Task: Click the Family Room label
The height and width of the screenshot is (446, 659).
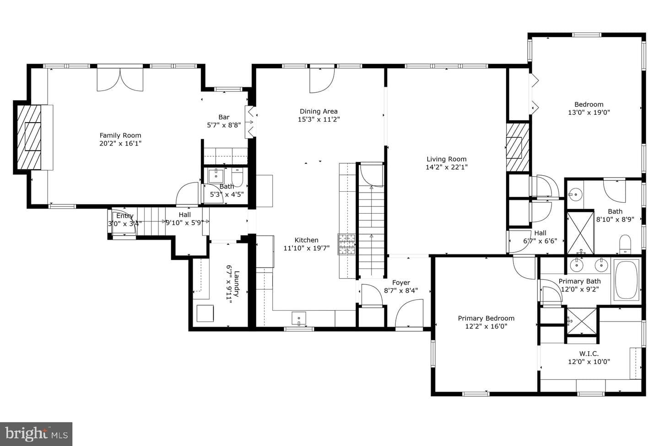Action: [120, 135]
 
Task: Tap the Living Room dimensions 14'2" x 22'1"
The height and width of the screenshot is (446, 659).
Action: [447, 167]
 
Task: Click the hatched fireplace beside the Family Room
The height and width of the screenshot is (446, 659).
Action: [29, 137]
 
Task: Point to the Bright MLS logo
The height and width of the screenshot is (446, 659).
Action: [36, 434]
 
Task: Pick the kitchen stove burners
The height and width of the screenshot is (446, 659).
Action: [346, 244]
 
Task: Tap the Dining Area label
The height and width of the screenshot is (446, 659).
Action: [319, 112]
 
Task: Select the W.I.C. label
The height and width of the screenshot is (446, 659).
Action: [589, 354]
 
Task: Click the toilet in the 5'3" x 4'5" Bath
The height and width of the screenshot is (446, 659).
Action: [237, 177]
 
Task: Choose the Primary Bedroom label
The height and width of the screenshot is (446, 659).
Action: [486, 318]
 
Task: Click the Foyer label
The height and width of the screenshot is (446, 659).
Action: [401, 283]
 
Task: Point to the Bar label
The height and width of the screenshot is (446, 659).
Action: [224, 117]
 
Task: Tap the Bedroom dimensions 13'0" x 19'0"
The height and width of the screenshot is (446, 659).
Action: [589, 113]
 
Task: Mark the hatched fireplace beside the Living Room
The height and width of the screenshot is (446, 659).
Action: [518, 147]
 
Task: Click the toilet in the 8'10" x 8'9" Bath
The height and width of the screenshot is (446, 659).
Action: [625, 244]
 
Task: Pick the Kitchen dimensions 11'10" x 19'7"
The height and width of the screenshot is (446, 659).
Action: [307, 248]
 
